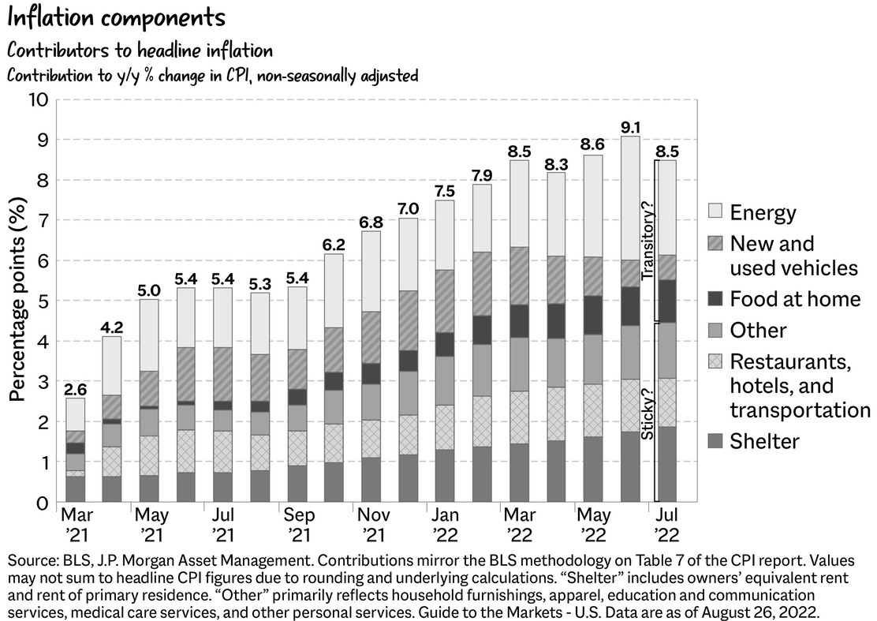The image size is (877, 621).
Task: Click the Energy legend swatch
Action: [x=715, y=211]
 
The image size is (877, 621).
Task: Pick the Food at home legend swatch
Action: [x=715, y=299]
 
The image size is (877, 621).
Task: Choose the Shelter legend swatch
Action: [x=715, y=441]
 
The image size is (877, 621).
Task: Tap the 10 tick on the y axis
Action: [x=38, y=100]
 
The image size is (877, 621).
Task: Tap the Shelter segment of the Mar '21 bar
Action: [x=75, y=488]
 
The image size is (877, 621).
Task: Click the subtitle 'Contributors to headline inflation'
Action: [x=140, y=51]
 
